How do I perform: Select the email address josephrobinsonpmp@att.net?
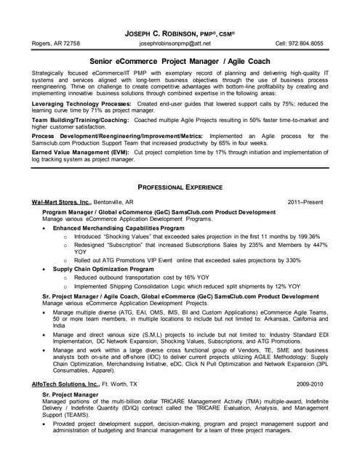[180, 44]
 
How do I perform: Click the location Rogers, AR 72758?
[56, 44]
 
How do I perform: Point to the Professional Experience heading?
[180, 187]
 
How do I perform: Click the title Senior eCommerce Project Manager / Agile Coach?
[180, 62]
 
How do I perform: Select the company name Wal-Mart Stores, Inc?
[62, 201]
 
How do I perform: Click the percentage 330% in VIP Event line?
[293, 260]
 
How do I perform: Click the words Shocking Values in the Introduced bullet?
[132, 237]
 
